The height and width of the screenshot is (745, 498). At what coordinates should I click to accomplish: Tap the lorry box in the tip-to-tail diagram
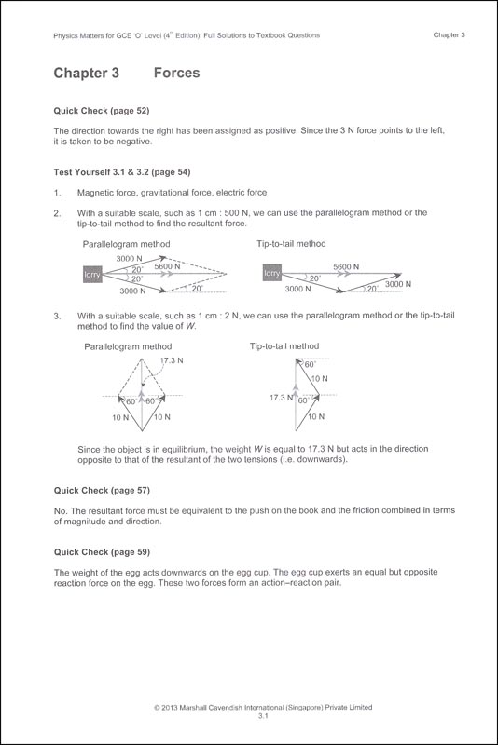pos(271,274)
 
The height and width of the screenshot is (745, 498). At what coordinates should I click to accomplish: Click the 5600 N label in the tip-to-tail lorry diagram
pos(347,266)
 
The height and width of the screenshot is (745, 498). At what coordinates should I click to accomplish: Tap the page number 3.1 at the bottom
pos(249,718)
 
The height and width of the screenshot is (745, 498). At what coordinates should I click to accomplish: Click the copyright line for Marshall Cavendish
pos(249,708)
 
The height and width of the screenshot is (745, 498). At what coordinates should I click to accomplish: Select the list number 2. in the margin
pos(58,212)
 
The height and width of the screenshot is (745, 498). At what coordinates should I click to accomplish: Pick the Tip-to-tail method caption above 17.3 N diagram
pos(284,346)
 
